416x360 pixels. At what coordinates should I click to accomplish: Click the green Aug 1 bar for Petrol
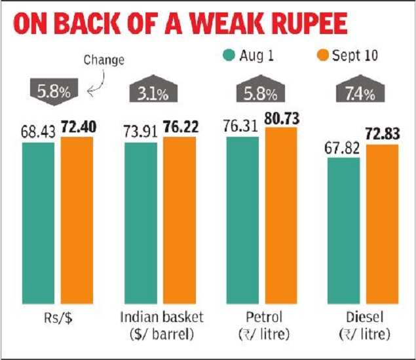pyautogui.click(x=242, y=219)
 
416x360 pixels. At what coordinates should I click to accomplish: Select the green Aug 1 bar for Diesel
pyautogui.click(x=343, y=228)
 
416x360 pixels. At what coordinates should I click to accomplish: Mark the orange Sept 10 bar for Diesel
pyautogui.click(x=383, y=223)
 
